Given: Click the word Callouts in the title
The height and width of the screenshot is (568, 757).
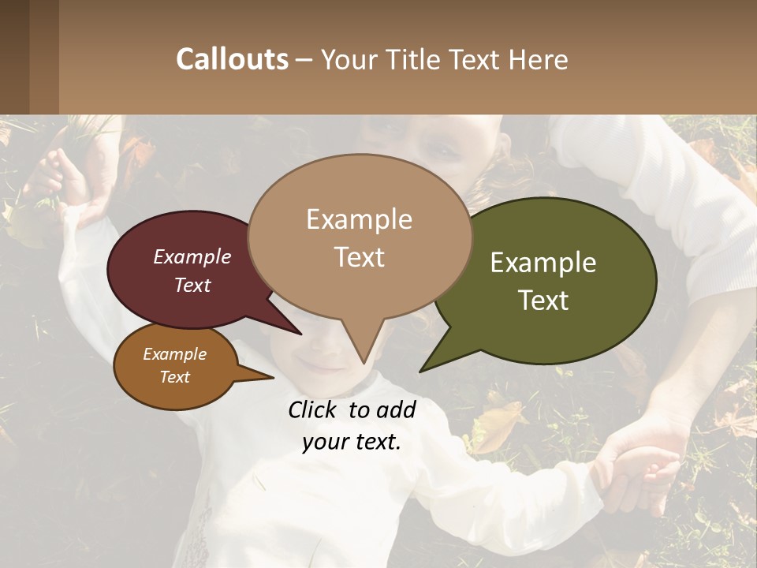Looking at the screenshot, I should coord(232,59).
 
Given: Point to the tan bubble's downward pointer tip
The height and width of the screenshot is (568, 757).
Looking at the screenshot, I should coord(364,362).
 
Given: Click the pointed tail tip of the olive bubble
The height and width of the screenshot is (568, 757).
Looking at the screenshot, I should coord(421,371).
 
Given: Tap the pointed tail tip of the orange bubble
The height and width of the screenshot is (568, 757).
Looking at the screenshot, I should coord(273,378).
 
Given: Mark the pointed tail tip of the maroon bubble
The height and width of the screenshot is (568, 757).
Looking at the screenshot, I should coord(300,334).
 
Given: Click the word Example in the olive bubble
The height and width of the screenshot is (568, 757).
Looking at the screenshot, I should coord(543,263).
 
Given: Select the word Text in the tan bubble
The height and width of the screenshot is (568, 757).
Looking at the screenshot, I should coord(360,257).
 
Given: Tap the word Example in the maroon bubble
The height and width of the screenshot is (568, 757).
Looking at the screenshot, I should coord(192,257).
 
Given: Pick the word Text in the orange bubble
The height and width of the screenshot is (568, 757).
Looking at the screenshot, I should coord(174,377).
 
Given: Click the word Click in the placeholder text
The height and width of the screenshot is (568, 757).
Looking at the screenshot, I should coord(315,409).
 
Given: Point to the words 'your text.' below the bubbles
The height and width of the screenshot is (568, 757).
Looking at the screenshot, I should coord(352,443).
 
